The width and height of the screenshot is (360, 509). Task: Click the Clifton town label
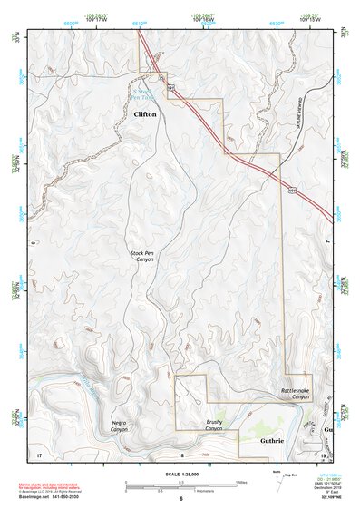[145, 115]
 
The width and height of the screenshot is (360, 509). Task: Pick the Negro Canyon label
[119, 426]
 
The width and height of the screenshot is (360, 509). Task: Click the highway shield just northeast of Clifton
[170, 87]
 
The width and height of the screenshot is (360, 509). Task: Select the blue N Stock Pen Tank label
[143, 96]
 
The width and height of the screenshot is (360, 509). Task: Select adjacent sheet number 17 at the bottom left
[39, 453]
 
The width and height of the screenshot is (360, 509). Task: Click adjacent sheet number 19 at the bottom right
[323, 454]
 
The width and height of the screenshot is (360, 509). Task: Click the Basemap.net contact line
[54, 498]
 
